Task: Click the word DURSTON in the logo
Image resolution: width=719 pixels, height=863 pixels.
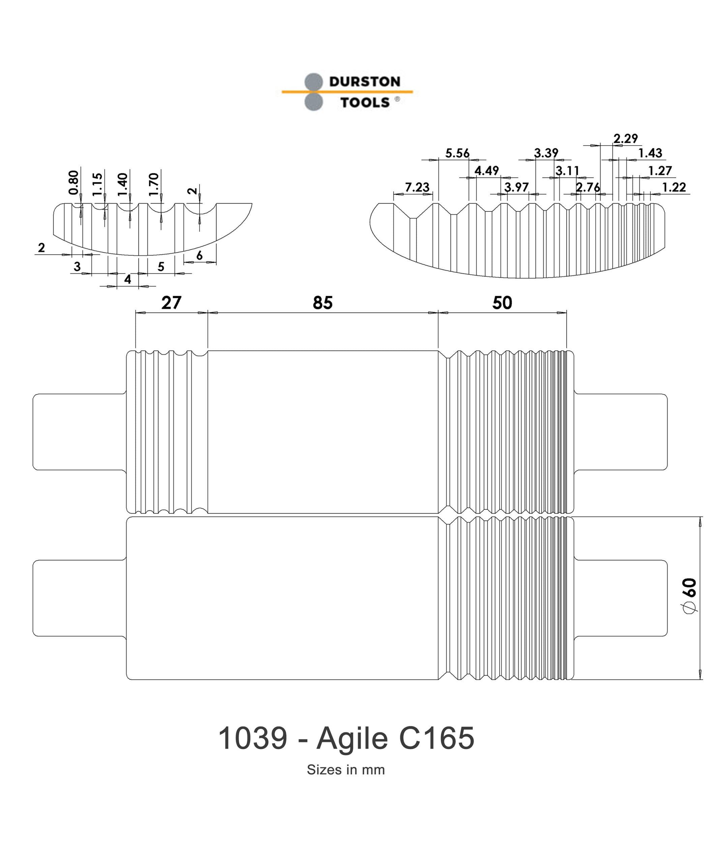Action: (x=364, y=82)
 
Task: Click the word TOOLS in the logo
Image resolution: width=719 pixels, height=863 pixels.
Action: (x=364, y=102)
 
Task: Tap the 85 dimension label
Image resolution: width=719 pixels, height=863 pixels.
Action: (x=323, y=303)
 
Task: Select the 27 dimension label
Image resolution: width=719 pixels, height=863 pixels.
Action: (x=171, y=303)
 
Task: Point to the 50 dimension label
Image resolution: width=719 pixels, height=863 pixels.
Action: (x=502, y=303)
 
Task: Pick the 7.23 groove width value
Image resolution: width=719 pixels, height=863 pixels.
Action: (x=417, y=187)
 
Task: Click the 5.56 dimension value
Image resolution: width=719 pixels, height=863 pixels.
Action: (x=457, y=153)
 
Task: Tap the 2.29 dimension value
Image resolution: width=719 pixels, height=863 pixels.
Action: (x=625, y=139)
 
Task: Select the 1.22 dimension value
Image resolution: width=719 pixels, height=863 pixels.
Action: (x=674, y=187)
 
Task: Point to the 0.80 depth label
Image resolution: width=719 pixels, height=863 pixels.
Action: (x=74, y=182)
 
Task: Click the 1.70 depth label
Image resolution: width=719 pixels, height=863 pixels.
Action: (x=154, y=184)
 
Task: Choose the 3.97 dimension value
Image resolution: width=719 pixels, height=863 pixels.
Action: (x=516, y=187)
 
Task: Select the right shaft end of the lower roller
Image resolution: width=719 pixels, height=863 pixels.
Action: (x=620, y=598)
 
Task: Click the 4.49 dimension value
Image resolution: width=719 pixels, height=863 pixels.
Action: (x=486, y=170)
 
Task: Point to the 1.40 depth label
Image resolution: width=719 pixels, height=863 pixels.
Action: (x=123, y=184)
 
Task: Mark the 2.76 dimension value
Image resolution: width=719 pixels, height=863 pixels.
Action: (x=588, y=187)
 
